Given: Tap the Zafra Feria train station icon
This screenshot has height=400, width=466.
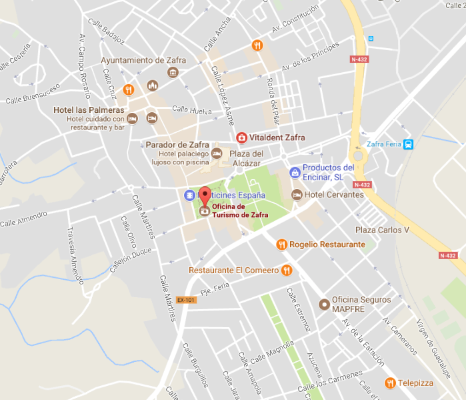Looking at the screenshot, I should pyautogui.click(x=409, y=144).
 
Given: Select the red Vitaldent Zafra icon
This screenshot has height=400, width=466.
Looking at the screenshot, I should pyautogui.click(x=242, y=138).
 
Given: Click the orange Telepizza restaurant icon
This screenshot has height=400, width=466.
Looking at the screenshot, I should pyautogui.click(x=390, y=383).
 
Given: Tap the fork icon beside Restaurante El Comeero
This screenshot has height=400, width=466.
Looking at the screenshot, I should pyautogui.click(x=287, y=270).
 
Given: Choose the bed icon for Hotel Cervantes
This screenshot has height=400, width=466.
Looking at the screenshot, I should pyautogui.click(x=297, y=194).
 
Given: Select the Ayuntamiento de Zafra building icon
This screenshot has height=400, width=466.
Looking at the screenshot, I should pyautogui.click(x=173, y=72).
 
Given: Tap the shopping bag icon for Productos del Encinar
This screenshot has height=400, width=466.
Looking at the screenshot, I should pyautogui.click(x=295, y=172).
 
